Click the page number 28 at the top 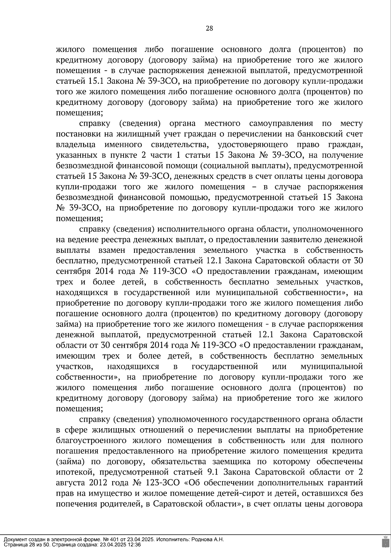209,28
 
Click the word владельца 76,145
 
